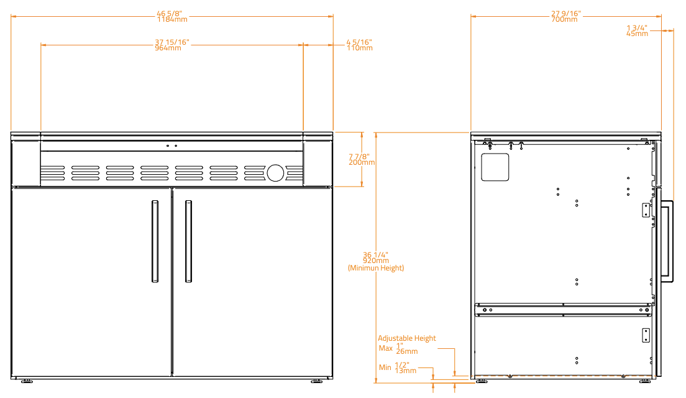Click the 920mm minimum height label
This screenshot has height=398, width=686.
click(376, 261)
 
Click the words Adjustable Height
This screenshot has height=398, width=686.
click(407, 338)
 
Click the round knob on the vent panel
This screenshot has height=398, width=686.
click(275, 173)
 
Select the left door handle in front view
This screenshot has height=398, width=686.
click(155, 241)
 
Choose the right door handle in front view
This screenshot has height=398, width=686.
click(188, 241)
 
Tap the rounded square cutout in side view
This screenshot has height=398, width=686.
click(495, 167)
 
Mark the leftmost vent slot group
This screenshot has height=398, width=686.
click(52, 173)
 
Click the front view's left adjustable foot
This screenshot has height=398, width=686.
click(27, 381)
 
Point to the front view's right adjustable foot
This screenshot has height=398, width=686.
click(317, 381)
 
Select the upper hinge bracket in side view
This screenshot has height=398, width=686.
click(646, 210)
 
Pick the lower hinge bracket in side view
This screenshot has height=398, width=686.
click(646, 335)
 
